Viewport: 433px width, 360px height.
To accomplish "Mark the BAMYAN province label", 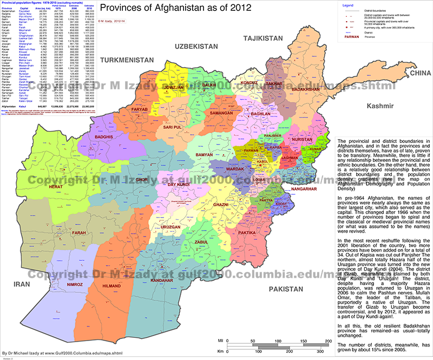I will click(x=189, y=155).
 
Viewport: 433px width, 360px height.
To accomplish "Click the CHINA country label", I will click(x=415, y=73).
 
